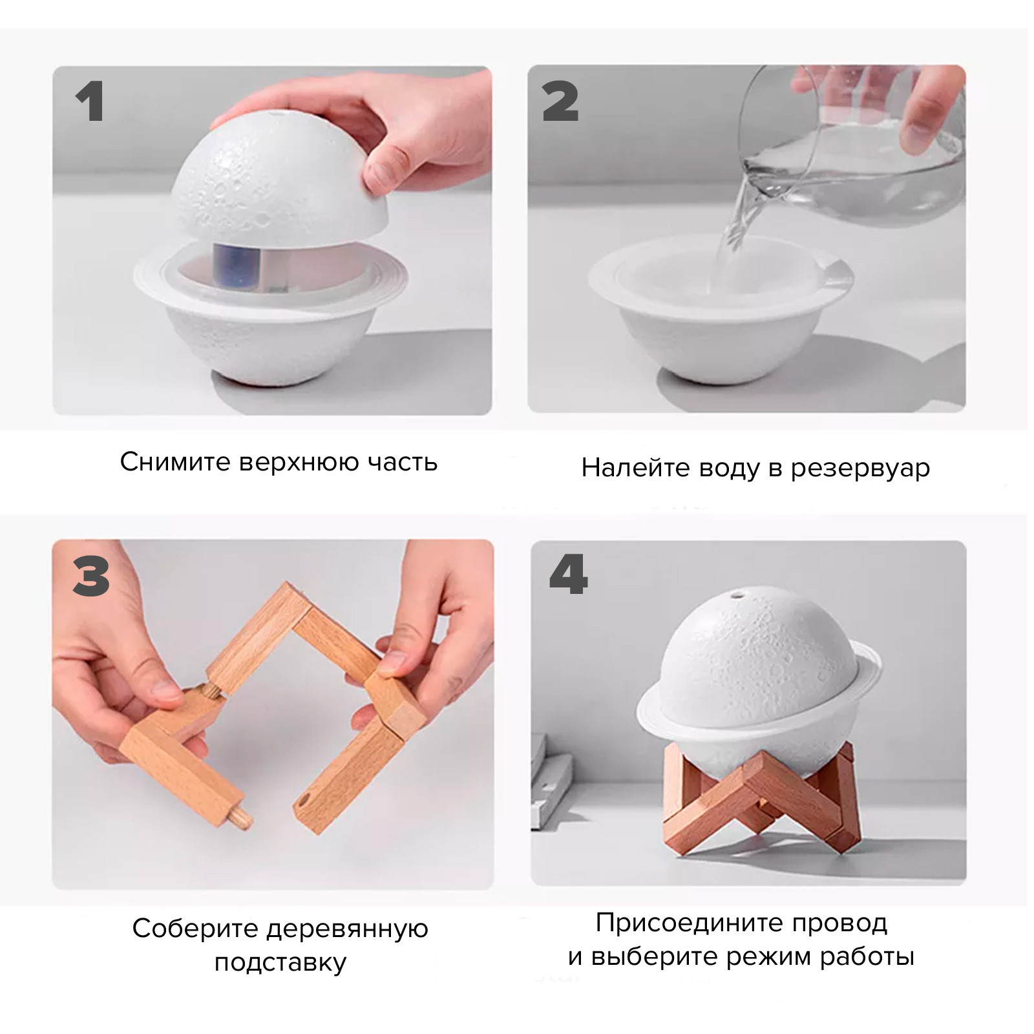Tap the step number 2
tap(560, 101)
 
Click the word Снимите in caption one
tap(175, 462)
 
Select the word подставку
tap(280, 962)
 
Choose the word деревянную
tap(347, 929)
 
